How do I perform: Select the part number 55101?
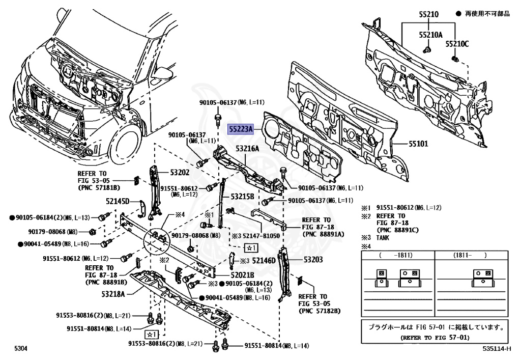point(418,144)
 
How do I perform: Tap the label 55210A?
point(430,35)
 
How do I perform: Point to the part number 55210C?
point(457,44)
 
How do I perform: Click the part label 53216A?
point(247,148)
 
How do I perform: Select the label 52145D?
point(118,201)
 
